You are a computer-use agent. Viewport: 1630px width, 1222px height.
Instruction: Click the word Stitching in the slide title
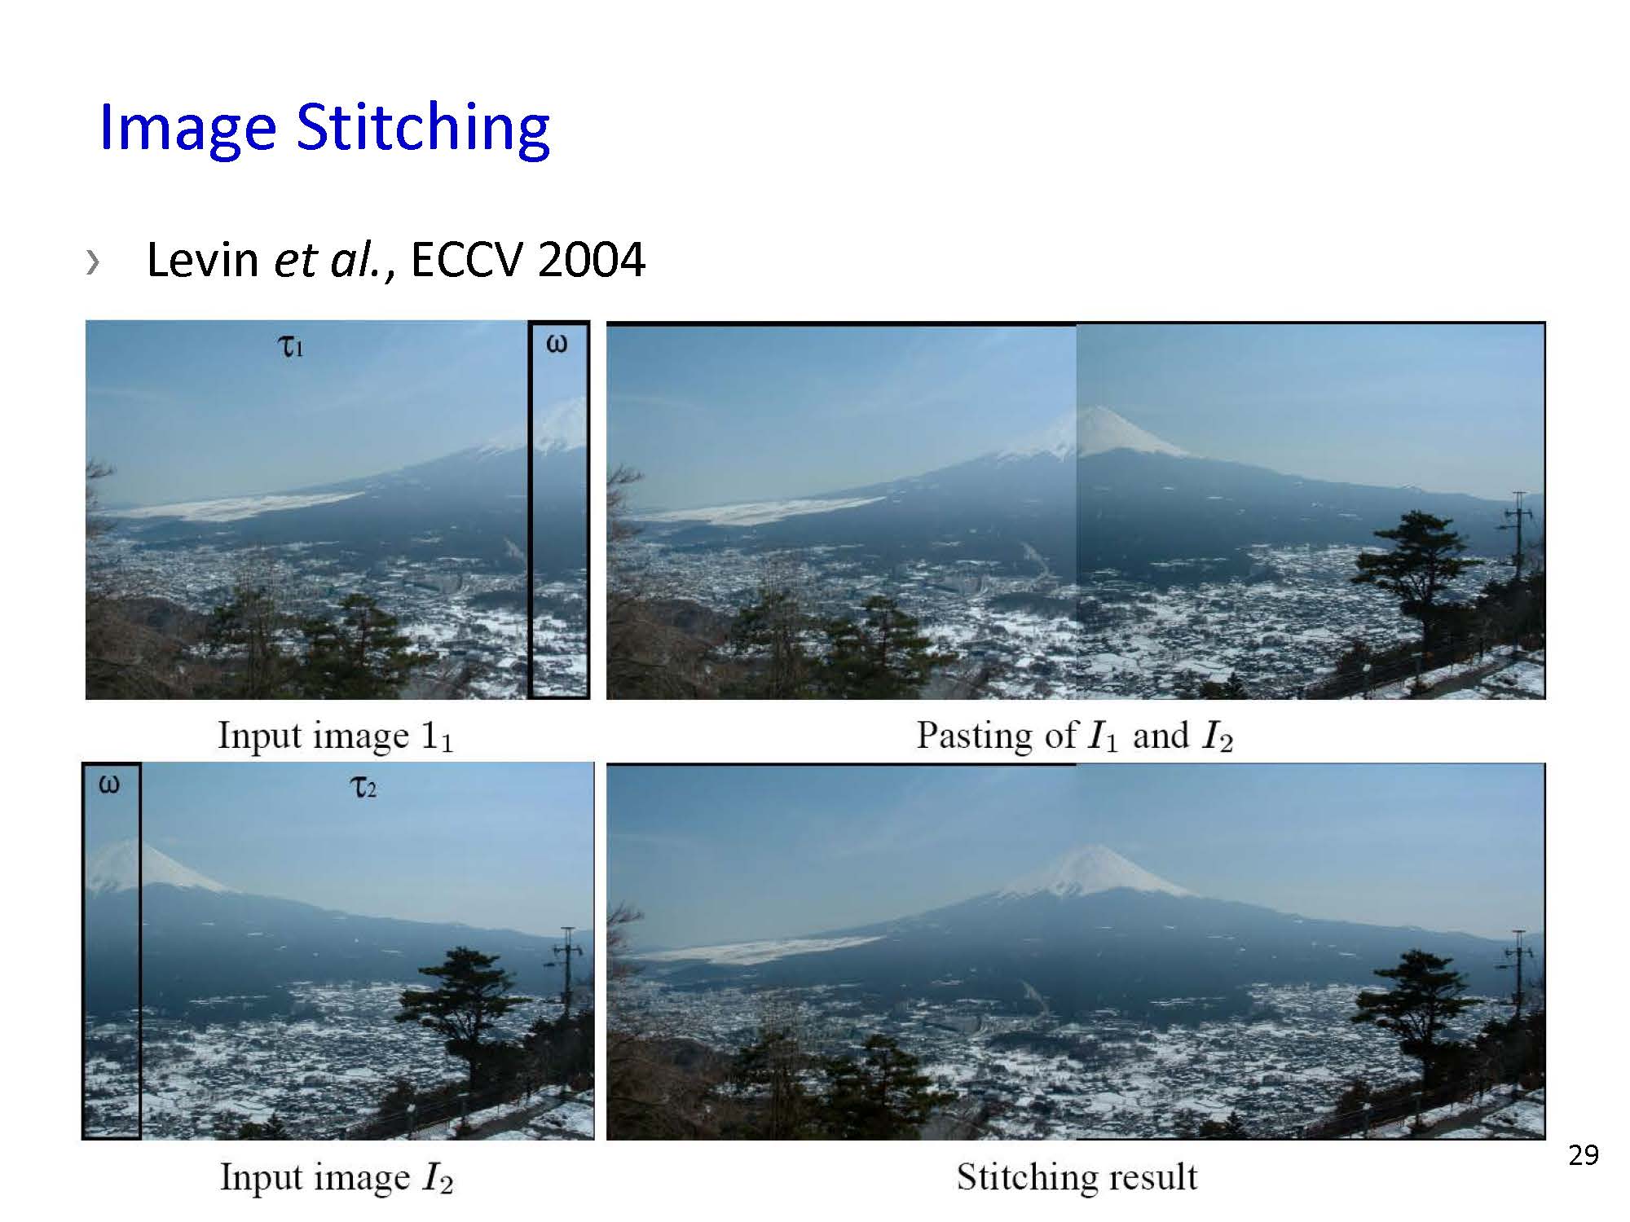click(x=423, y=129)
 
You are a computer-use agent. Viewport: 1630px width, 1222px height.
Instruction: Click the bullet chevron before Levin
click(x=93, y=262)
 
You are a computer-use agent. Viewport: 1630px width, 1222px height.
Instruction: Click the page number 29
click(x=1584, y=1155)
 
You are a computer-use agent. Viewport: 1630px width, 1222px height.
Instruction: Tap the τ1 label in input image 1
click(x=291, y=348)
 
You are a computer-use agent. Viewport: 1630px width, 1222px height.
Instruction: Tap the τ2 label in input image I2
click(x=363, y=788)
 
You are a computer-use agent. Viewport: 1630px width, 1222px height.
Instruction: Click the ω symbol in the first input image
click(x=556, y=344)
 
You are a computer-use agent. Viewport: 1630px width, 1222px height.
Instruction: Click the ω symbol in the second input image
click(x=109, y=785)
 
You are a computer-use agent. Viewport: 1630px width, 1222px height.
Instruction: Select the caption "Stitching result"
click(x=1077, y=1176)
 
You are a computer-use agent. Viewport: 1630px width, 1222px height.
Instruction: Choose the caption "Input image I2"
click(x=336, y=1178)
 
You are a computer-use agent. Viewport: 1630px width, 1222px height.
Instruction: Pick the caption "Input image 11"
click(x=335, y=736)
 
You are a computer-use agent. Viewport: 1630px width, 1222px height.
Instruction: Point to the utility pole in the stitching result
click(x=1518, y=978)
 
